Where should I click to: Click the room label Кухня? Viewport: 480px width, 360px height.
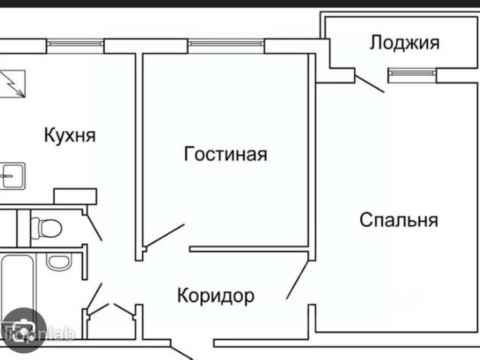(x=70, y=136)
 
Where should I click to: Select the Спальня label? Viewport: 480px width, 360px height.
(x=398, y=220)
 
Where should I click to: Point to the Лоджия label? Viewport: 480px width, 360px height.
(x=404, y=43)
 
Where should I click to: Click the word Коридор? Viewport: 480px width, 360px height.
(x=215, y=295)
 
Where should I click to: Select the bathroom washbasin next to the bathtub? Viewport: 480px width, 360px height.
(x=58, y=262)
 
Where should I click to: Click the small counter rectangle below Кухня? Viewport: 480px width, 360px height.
(x=75, y=196)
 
